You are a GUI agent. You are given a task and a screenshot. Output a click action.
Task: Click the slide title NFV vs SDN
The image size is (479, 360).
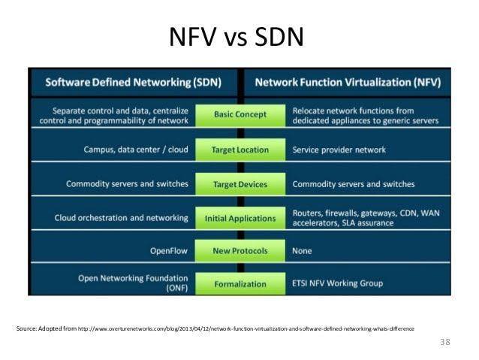coord(236,37)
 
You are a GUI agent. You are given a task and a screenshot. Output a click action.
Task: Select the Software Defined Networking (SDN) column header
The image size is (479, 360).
coord(134,82)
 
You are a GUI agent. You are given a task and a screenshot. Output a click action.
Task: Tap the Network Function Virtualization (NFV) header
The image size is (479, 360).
coord(348,82)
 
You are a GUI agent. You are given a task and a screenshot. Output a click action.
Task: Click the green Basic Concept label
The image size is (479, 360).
coord(240,115)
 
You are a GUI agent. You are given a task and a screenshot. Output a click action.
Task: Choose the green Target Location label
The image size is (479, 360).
coord(240,150)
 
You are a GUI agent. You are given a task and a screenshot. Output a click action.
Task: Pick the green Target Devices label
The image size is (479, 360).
coord(240,184)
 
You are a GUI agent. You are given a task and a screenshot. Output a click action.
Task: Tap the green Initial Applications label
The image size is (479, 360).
coord(240,219)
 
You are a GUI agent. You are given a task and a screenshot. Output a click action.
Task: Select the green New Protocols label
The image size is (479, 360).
coord(240,251)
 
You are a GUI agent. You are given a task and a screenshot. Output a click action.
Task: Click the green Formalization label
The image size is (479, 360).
coord(240,284)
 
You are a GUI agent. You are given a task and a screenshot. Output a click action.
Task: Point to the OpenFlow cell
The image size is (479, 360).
coord(169,251)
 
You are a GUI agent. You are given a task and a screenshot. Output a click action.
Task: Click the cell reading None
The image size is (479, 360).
coord(302,251)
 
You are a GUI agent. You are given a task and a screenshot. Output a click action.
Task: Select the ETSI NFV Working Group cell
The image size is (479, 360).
coord(337,283)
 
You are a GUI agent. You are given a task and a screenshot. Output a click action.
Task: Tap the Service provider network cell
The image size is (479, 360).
coord(339,150)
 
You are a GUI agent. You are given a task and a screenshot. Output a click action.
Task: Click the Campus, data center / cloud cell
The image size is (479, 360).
coord(136,150)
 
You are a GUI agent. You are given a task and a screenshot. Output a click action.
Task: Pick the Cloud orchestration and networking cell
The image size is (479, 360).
coord(122,218)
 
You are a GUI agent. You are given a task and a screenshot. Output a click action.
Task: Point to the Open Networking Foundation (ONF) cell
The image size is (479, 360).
coord(133,283)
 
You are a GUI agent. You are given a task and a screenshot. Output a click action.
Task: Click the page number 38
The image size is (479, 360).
coord(445,342)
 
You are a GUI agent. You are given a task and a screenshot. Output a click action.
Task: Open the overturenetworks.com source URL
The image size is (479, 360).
coord(246,328)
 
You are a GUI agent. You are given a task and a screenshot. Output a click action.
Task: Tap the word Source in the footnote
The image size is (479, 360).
coord(26,328)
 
